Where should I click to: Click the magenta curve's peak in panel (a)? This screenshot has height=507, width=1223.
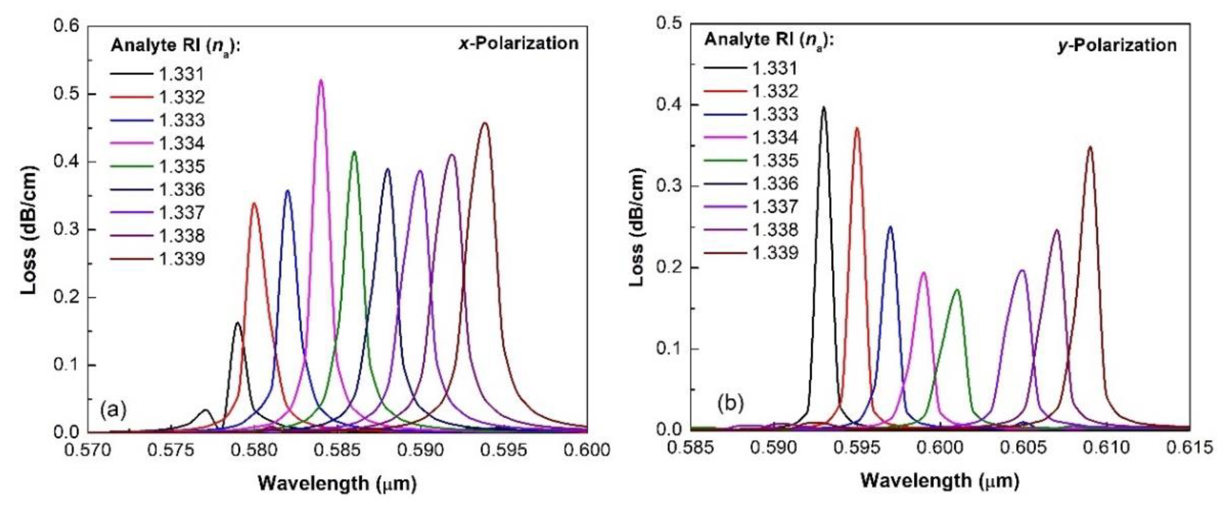click(x=321, y=81)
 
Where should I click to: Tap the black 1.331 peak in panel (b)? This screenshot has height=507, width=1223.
click(x=823, y=108)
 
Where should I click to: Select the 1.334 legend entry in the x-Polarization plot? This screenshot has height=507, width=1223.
click(x=181, y=143)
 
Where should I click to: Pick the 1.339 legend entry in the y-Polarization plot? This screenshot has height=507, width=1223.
click(x=775, y=253)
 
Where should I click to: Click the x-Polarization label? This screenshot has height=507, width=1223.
click(x=518, y=44)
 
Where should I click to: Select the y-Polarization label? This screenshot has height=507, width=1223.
click(x=1117, y=45)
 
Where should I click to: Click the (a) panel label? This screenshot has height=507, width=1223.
click(x=113, y=410)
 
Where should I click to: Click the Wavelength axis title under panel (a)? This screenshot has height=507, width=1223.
click(x=337, y=484)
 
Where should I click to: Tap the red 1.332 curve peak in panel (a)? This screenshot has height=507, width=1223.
click(x=254, y=204)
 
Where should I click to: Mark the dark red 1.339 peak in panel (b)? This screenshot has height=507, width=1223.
click(x=1090, y=148)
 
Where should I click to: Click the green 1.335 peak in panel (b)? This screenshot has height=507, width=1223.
click(x=956, y=290)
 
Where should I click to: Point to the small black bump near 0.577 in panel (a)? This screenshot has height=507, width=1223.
click(x=205, y=410)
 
